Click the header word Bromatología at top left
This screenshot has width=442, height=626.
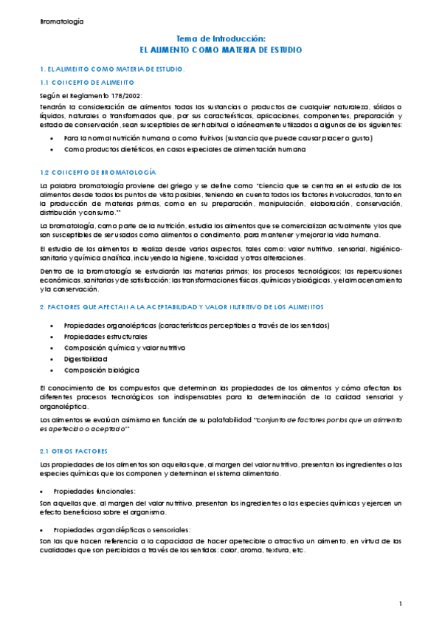[62, 21]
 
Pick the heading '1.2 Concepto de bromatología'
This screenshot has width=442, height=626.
[97, 171]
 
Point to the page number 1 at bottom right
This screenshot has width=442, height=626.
[400, 605]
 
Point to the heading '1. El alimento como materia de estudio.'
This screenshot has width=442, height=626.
[111, 69]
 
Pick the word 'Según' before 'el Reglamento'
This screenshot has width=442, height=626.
[49, 95]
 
